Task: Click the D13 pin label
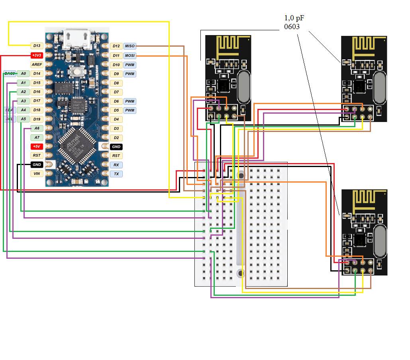[x=37, y=46]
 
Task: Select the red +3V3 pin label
[x=37, y=55]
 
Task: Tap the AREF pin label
[x=37, y=64]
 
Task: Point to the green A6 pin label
[x=37, y=128]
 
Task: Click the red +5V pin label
[x=37, y=146]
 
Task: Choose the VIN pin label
[x=37, y=174]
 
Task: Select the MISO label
[x=129, y=46]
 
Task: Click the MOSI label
[x=129, y=55]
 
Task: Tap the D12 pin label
[x=116, y=46]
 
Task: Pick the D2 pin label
[x=116, y=138]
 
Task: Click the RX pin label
[x=116, y=165]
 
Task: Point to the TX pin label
[x=116, y=174]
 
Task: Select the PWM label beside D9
[x=129, y=74]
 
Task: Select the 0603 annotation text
[x=292, y=27]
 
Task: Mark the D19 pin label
[x=37, y=119]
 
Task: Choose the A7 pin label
[x=37, y=138]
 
